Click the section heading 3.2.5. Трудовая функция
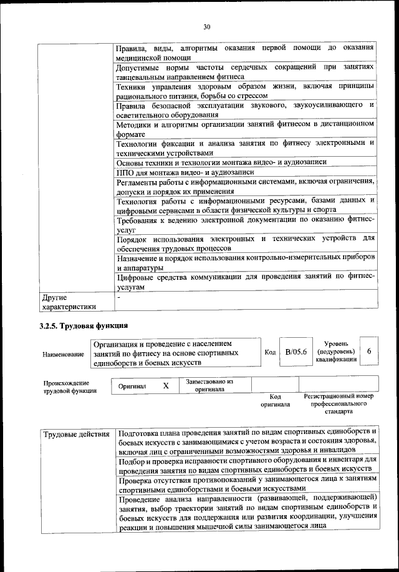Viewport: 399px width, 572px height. [84, 325]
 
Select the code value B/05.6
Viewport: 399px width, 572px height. [296, 352]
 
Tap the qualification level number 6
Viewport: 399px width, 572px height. [369, 352]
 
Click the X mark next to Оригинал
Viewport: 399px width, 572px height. [166, 386]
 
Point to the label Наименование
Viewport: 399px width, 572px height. [63, 354]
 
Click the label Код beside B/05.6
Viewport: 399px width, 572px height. [270, 352]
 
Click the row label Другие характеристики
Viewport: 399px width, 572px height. [69, 302]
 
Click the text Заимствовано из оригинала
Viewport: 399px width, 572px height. [209, 385]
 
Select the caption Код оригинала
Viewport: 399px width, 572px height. [276, 400]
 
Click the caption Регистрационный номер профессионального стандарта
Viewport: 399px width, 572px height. [339, 404]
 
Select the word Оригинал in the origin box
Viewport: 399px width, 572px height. [132, 387]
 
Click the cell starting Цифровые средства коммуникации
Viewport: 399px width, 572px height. [245, 282]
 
